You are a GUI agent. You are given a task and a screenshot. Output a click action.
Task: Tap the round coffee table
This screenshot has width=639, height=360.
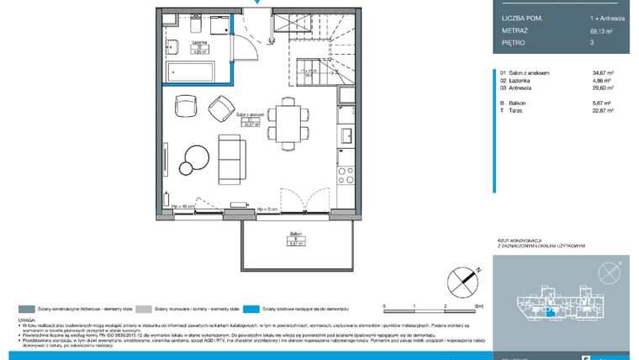click(x=198, y=156)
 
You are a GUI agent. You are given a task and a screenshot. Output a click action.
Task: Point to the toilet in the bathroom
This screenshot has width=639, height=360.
click(x=172, y=46)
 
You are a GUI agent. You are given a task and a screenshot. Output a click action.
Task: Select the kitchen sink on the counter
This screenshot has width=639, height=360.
click(x=344, y=135)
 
